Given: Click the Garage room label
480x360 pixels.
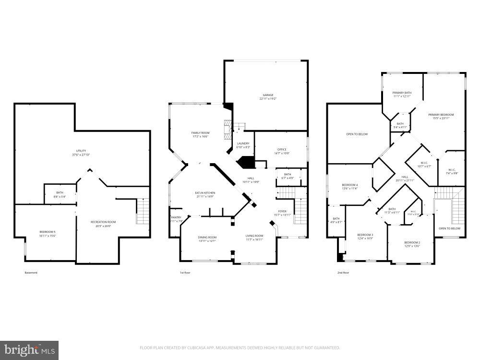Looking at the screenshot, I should (x=268, y=95).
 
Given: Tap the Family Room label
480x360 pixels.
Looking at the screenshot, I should (x=200, y=133).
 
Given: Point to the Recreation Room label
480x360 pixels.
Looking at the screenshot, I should (x=103, y=222).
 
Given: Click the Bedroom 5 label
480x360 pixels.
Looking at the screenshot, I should (x=47, y=232).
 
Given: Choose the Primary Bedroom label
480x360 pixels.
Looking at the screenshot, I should (x=441, y=115).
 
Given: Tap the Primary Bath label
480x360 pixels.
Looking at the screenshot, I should (x=402, y=93).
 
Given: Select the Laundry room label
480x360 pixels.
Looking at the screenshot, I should (x=242, y=143).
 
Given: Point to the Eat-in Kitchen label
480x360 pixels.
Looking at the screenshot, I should (x=205, y=193).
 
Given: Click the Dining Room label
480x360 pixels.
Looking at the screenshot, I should (x=207, y=237).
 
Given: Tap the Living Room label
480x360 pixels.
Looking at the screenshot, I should (x=254, y=236).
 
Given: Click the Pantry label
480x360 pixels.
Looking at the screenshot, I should (x=176, y=217).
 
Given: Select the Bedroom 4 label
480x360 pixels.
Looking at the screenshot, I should (x=349, y=185).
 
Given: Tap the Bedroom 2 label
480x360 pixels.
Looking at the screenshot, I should (x=412, y=242).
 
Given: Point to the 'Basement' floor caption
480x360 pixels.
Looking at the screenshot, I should (x=31, y=273).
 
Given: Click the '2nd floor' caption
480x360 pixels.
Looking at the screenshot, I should (x=343, y=273).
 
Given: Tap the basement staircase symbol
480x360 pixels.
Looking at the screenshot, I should (x=143, y=212).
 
